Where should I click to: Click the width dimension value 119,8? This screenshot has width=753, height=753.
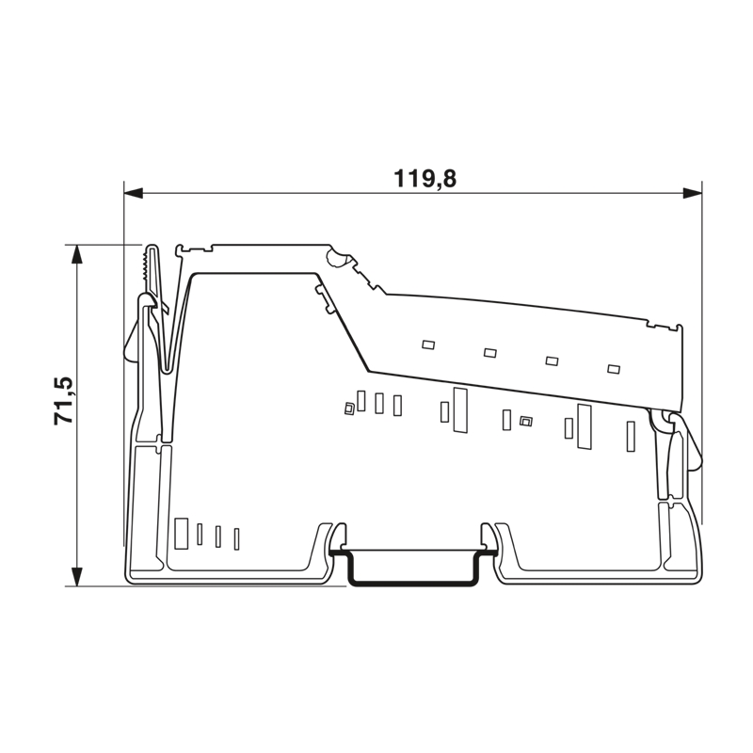[x=425, y=179]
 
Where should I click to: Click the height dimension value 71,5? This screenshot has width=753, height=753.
[x=64, y=400]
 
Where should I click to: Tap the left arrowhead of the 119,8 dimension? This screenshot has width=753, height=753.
[x=134, y=194]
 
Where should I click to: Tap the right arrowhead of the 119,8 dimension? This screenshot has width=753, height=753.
[x=692, y=194]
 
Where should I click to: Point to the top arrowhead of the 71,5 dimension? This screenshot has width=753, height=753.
[x=76, y=254]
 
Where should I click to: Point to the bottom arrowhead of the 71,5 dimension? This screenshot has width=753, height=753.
[x=76, y=576]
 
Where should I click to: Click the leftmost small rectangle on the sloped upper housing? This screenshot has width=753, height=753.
[x=428, y=344]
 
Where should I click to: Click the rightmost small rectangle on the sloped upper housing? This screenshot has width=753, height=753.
[x=614, y=369]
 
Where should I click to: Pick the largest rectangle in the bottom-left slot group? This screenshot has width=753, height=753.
[x=181, y=534]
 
